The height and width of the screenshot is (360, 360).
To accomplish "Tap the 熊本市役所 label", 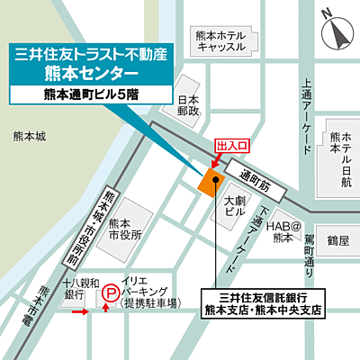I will (125, 229).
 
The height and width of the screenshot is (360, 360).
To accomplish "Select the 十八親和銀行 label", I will (74, 288).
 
